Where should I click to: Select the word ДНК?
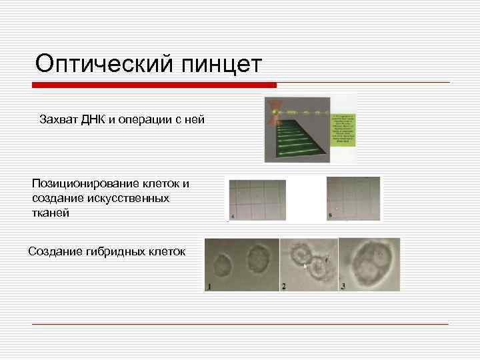pos(94,120)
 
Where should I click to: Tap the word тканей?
pos(50,213)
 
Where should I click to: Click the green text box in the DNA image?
pos(343,129)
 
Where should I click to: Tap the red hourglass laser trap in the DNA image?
pos(273,113)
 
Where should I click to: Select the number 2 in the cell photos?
pos(284,286)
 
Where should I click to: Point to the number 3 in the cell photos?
pos(343,286)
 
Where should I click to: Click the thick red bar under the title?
pos(154,85)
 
